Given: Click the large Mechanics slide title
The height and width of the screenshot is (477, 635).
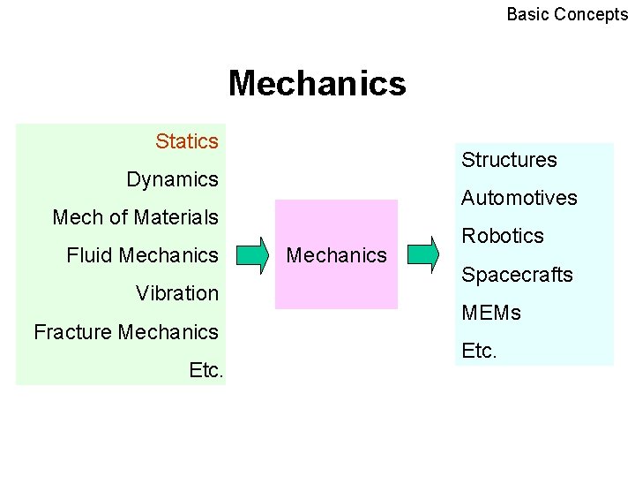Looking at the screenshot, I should [317, 84].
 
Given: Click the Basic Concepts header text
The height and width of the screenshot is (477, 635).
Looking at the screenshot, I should [567, 14].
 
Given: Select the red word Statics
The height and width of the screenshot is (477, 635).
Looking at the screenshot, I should [186, 141].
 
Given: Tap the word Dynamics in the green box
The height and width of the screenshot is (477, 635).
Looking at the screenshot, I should [172, 179].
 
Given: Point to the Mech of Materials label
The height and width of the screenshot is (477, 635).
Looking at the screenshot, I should [135, 217].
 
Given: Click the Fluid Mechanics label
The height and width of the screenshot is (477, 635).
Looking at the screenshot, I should [142, 255].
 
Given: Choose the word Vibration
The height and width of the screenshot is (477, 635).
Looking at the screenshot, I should [176, 293].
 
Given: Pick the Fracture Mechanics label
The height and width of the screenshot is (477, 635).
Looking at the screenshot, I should [125, 332].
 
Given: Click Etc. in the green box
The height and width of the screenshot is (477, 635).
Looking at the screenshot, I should [206, 370].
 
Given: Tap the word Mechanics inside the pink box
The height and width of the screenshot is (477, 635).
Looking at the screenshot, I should [337, 255].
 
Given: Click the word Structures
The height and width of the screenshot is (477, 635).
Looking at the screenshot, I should [509, 160].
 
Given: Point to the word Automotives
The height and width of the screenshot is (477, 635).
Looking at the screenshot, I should [519, 198].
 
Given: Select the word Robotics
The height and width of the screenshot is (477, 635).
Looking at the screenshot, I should [503, 236].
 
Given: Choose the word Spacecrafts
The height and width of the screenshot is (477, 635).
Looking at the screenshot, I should [517, 275].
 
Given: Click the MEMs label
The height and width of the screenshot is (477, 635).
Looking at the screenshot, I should [491, 313].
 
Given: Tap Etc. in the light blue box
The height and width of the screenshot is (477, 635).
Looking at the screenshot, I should [479, 351].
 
